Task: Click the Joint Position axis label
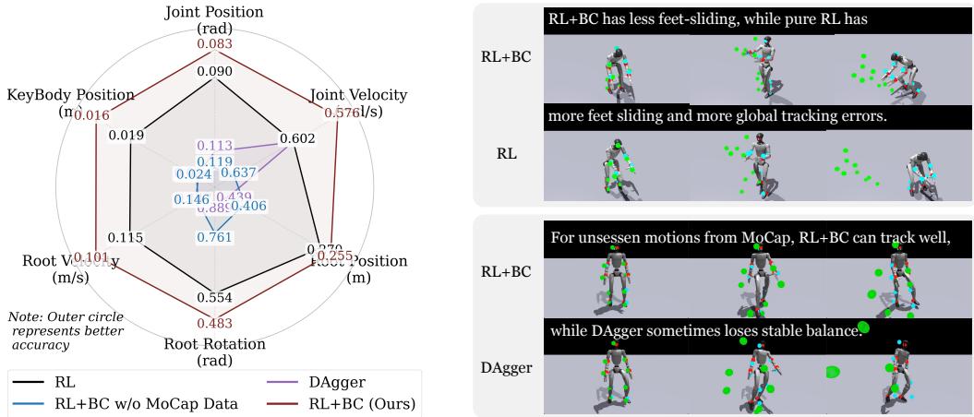(x=214, y=20)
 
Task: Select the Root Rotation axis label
(x=214, y=351)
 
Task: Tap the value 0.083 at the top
(x=214, y=44)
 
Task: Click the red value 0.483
(x=214, y=323)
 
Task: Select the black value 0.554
(x=214, y=298)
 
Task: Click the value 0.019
(x=126, y=137)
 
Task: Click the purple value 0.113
(x=214, y=145)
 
